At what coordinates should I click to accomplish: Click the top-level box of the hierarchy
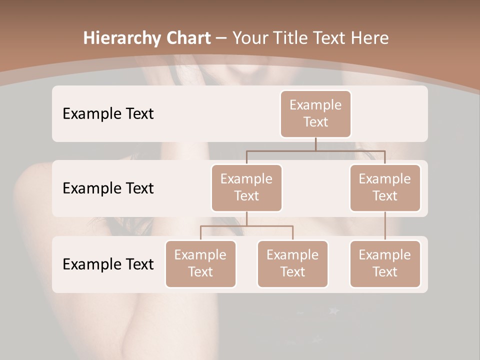tap(315, 113)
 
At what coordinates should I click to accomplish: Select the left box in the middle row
tap(246, 187)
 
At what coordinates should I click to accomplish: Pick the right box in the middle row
tap(385, 187)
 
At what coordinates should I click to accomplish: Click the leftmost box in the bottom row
tap(200, 263)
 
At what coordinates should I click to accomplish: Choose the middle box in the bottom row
tap(292, 263)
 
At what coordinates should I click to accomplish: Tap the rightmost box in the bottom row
tap(385, 263)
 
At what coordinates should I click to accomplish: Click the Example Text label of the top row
tap(108, 114)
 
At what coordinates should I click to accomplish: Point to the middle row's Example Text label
tap(108, 188)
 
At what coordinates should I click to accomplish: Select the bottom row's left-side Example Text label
tap(108, 264)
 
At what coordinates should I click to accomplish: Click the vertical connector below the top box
tap(315, 144)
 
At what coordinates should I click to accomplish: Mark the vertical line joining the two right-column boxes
tap(385, 226)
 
